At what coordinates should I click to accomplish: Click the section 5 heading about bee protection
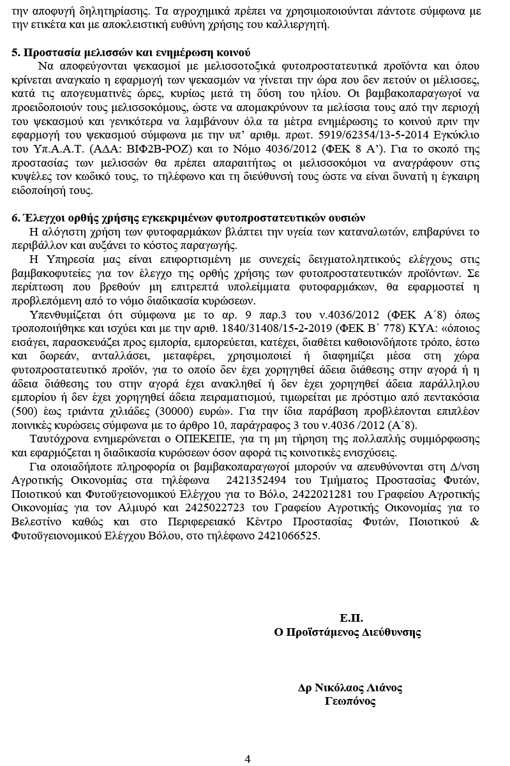pos(131,52)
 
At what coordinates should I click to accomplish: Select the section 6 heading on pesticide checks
pos(188,218)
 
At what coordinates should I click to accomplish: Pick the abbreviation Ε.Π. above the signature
pos(351,618)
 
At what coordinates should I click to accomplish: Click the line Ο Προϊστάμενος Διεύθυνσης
pos(347,632)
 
